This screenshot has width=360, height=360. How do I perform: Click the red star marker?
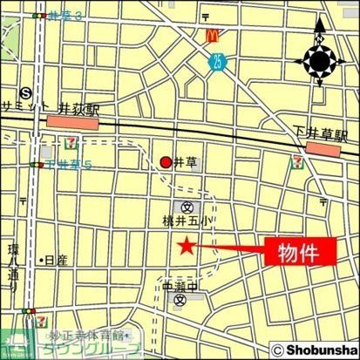pos(185,247)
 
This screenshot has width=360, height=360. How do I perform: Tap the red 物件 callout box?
pos(295,254)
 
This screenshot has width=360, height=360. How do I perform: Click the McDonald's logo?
pos(211,36)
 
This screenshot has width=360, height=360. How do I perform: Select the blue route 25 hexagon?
pos(215,60)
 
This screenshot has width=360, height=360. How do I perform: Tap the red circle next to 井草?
pos(166,161)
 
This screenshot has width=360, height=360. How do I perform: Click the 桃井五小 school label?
pos(189,222)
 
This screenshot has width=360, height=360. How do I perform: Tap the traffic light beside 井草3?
pos(38,16)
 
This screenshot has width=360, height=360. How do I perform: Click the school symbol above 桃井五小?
pos(187,207)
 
